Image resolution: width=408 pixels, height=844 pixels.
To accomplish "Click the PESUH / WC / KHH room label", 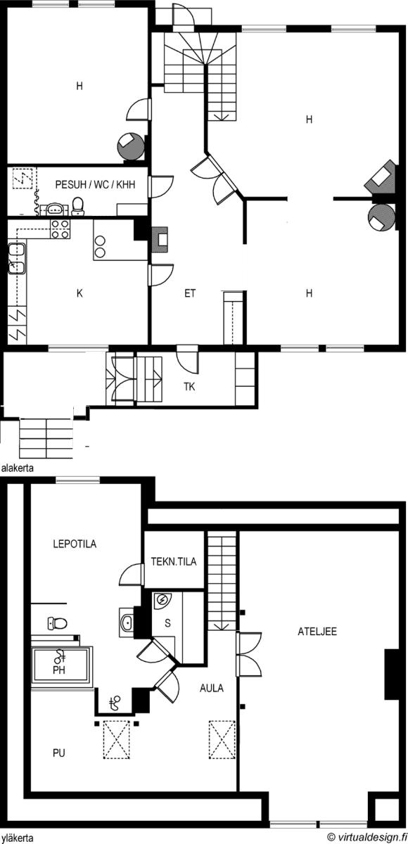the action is [95, 184].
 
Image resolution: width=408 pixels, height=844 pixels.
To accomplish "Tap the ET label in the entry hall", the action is [190, 293].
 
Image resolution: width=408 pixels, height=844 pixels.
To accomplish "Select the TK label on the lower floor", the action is [189, 387].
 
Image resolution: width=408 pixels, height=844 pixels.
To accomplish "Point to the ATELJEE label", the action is [317, 631].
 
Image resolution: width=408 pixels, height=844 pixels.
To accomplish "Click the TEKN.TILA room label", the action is [174, 561].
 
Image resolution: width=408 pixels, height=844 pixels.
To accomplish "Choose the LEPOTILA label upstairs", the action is [75, 544].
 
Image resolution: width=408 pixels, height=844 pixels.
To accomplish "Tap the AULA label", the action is [211, 688].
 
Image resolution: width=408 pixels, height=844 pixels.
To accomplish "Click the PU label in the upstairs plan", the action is [59, 753].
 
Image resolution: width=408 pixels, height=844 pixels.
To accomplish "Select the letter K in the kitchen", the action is [79, 293].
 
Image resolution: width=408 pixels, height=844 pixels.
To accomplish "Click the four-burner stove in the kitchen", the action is [60, 229].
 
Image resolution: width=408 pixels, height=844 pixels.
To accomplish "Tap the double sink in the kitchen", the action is [17, 259].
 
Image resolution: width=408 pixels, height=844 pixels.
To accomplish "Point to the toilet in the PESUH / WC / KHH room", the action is [77, 206].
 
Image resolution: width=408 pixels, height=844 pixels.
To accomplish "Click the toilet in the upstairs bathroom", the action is [57, 623].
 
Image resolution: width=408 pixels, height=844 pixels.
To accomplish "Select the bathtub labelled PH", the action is [62, 667].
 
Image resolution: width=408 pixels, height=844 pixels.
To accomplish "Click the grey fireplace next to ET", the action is [160, 240].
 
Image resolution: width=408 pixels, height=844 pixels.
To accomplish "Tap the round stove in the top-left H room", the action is [131, 146].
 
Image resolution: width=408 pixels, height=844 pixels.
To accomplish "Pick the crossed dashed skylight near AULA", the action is [222, 739].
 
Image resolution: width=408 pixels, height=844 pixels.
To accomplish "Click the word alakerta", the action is [18, 468].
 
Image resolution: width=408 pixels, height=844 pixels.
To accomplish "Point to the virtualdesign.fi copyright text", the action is [367, 837].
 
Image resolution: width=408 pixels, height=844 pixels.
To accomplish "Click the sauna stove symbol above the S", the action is [162, 600].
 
